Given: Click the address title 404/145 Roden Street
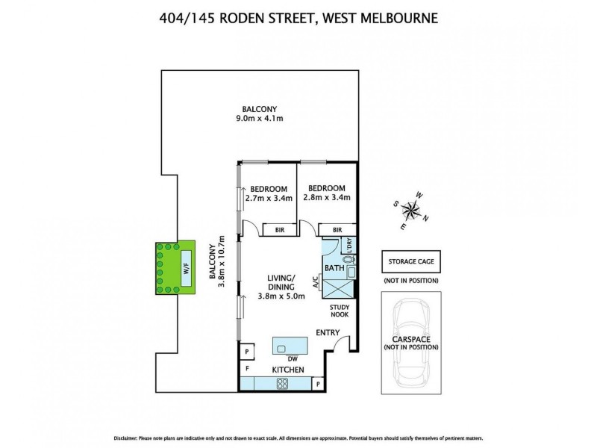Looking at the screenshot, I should coord(298,16).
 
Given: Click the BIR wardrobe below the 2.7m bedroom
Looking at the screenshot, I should coord(278,230).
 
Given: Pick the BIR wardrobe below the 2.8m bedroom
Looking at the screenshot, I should coord(337,230).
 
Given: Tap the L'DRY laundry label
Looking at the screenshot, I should coord(348,243).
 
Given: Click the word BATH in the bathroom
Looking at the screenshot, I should coord(333,267).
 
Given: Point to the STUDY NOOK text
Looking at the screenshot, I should coord(339,310).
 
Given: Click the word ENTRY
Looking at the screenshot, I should coord(328,332).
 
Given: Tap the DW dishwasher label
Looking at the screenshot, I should coord(282,359).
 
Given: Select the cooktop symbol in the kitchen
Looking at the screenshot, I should coord(284,384).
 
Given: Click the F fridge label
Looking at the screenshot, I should coord(247,369).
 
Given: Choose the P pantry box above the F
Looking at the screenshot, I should coord(246,351).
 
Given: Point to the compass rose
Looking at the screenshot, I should coord(411,210).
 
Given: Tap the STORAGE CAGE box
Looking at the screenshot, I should coord(410,262).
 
